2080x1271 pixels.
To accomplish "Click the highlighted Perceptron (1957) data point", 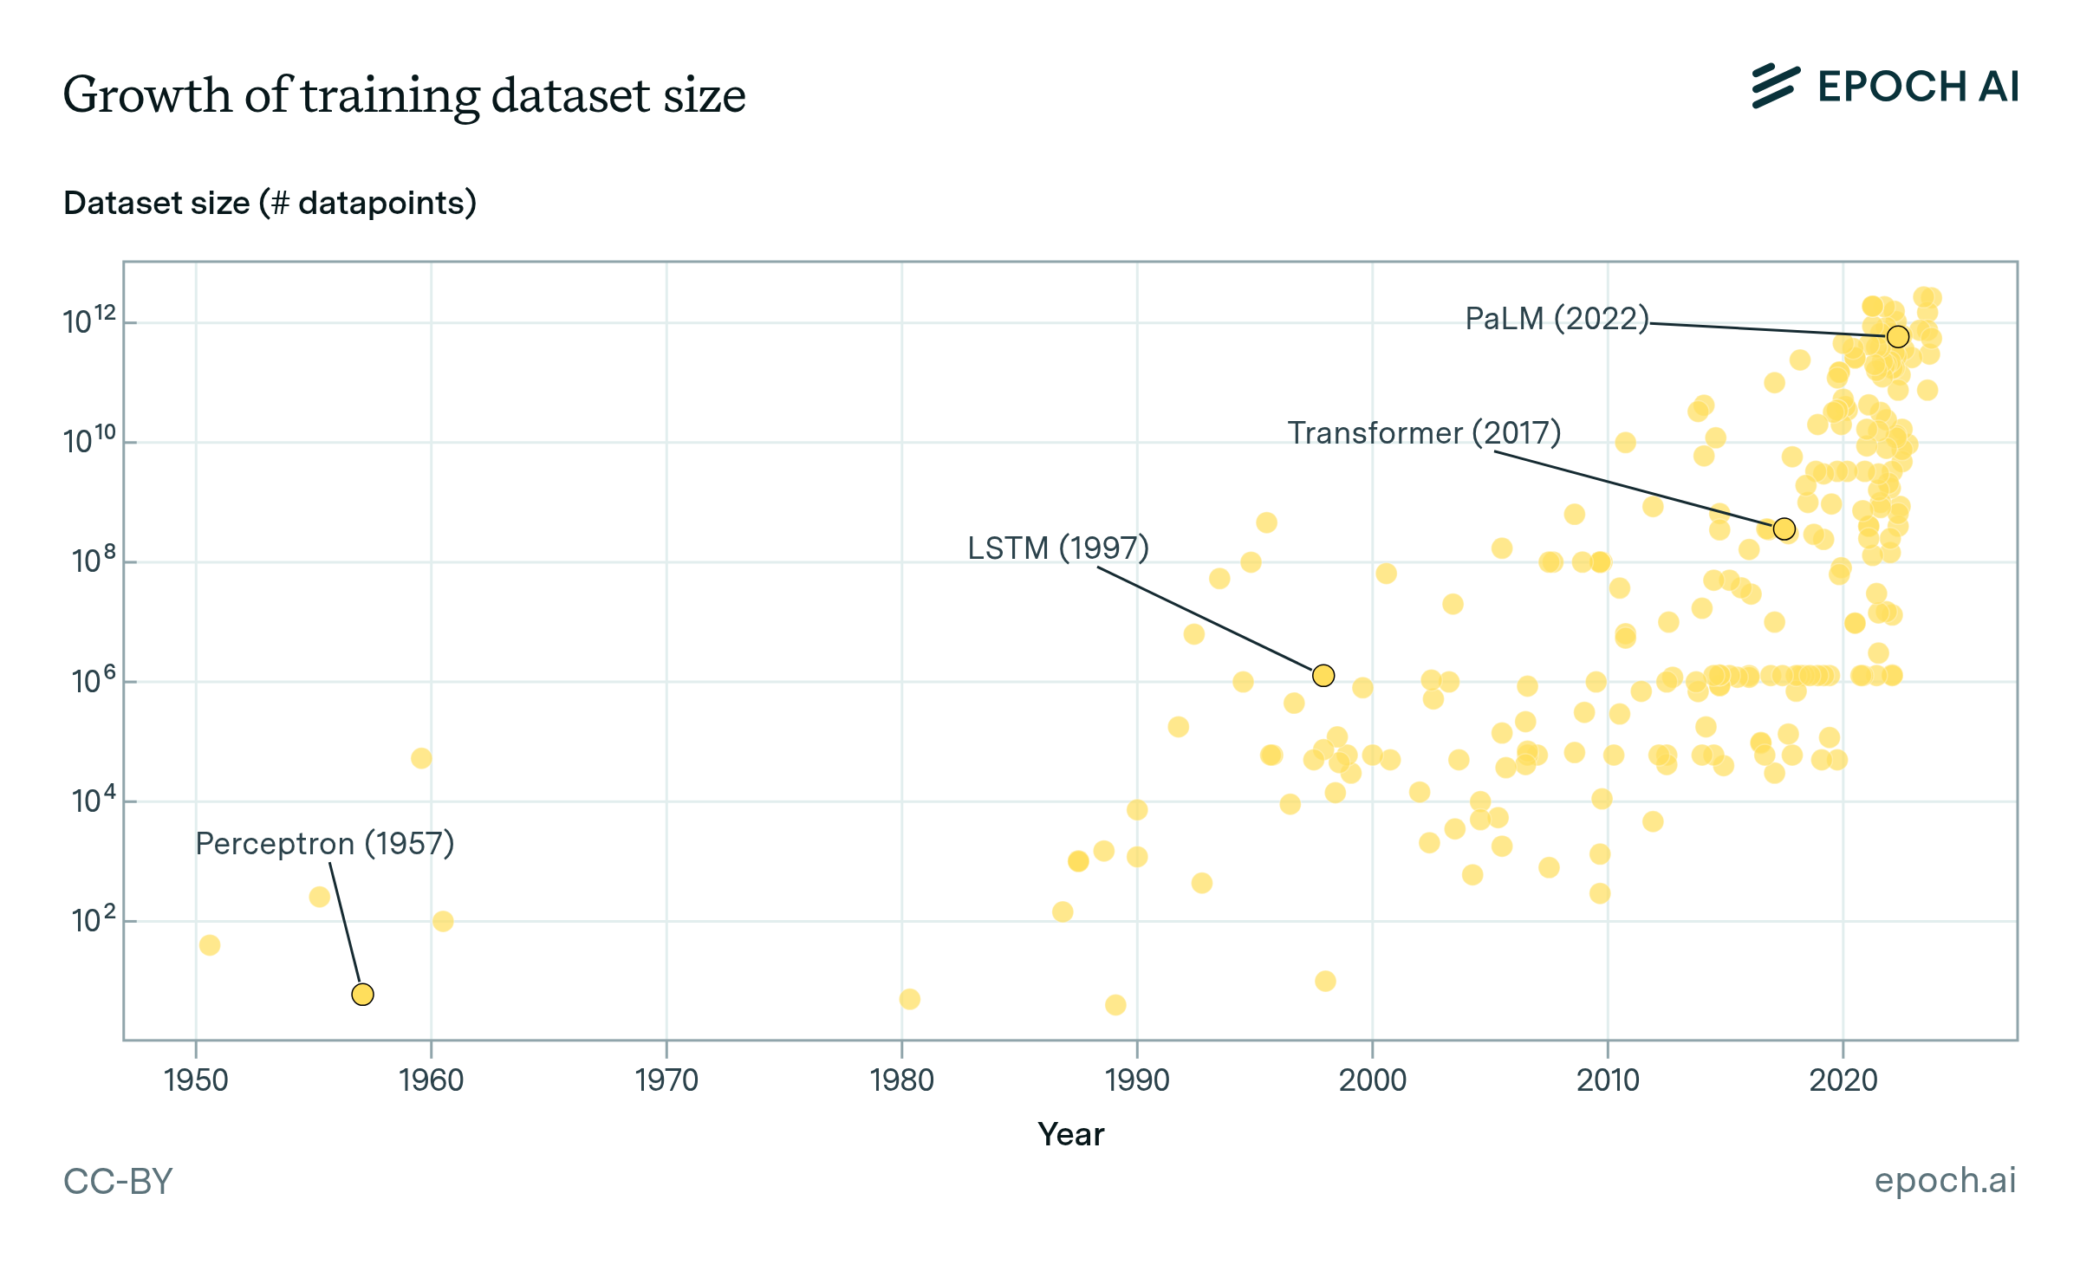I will [362, 994].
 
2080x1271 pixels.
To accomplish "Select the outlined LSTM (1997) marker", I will [1323, 675].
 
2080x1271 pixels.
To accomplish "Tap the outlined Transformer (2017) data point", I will [1784, 529].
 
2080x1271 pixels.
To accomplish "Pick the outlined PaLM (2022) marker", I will [1898, 336].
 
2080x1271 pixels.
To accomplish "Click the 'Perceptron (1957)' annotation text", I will [325, 843].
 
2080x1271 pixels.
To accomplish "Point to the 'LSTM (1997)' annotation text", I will [1058, 548].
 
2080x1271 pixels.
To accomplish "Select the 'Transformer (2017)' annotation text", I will [1424, 432].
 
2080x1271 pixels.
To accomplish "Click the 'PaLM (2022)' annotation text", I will [1557, 318].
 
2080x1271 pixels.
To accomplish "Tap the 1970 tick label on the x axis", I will [666, 1080].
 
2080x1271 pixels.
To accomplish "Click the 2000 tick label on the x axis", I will [1372, 1080].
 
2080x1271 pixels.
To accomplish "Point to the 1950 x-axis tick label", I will [196, 1080].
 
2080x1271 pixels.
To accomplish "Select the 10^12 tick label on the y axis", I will [89, 321].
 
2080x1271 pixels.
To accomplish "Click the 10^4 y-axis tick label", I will [94, 800].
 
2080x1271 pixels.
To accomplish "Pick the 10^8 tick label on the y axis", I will [94, 561].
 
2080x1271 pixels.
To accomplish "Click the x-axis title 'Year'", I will [1071, 1134].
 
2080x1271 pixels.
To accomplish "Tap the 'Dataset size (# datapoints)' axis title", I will [270, 203].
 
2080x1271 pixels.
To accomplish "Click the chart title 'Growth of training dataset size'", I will [404, 94].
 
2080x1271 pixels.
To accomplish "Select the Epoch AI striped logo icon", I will [1775, 87].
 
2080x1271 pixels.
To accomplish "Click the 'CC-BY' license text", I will [118, 1181].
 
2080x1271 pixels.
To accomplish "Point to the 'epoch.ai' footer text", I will [1945, 1180].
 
